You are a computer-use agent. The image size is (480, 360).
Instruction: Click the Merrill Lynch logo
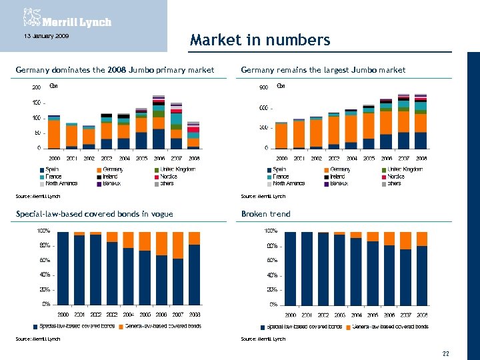(67, 18)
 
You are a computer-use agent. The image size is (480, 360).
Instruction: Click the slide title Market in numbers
(259, 40)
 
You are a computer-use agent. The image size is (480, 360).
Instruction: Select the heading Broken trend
(265, 214)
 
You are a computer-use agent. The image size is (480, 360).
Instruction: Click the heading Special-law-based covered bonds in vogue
(94, 214)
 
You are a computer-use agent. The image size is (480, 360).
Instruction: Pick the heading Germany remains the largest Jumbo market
(323, 69)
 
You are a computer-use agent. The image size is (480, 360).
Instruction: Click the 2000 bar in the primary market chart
(54, 132)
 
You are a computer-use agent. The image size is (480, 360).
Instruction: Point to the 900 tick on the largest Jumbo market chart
(263, 87)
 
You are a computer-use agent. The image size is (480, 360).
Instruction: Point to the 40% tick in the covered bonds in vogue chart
(45, 275)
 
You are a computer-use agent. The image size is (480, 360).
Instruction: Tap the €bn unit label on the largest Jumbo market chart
(281, 86)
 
